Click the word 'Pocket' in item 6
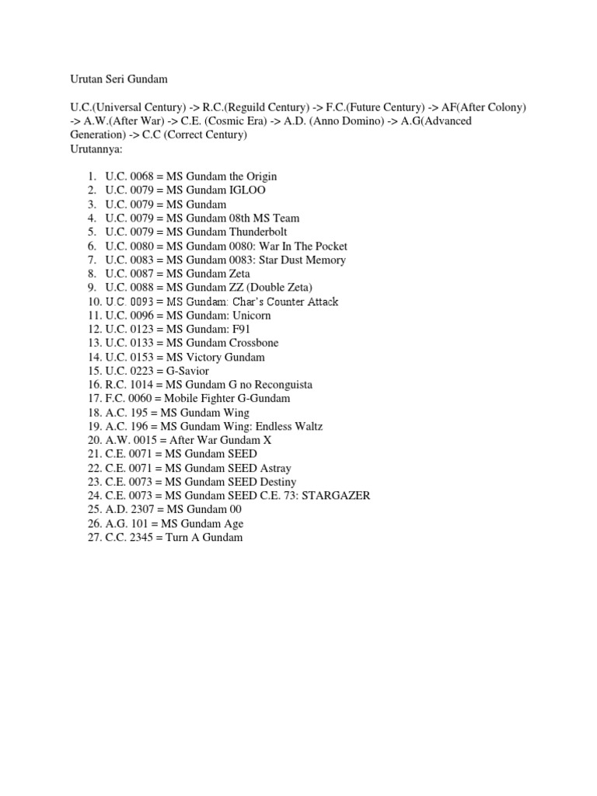tap(329, 246)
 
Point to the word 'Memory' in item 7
tap(325, 260)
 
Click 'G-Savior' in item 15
tap(187, 371)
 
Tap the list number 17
tap(93, 398)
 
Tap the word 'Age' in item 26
tap(232, 523)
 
